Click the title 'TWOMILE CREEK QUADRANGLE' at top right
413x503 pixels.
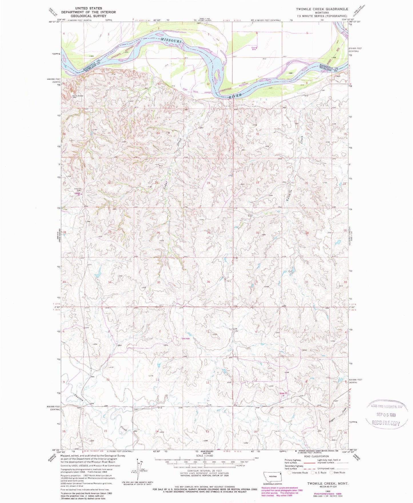click(x=322, y=9)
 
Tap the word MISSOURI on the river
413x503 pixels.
click(x=171, y=41)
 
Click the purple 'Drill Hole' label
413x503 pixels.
click(x=186, y=339)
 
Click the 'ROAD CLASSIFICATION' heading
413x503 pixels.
click(x=312, y=456)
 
